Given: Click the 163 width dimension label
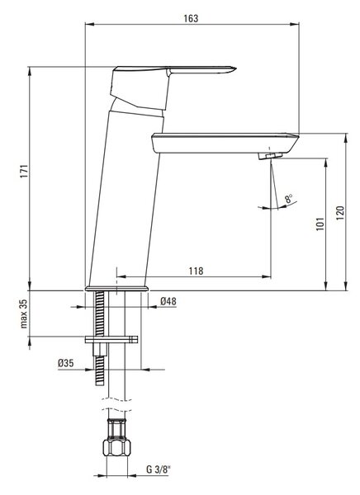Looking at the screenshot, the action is coord(191,18).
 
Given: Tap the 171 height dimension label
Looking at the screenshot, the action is coord(24,171).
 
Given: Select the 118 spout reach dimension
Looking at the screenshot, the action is coord(196,271).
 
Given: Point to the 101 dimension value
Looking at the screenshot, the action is coord(320,224).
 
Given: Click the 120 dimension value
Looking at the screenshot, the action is coord(340,213).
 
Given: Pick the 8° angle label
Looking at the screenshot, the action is coord(288,199).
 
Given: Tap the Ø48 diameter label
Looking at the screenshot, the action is coord(168,301).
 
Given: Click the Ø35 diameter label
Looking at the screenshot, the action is coord(66,363).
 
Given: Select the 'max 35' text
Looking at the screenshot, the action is coord(24,313).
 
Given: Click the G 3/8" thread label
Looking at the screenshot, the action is coord(158,469).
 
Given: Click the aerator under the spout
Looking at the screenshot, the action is coord(270,155).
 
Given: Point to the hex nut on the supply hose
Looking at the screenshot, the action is coord(117,446).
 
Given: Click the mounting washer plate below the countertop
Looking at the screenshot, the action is coord(111,340).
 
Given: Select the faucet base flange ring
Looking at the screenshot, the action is coord(116,289).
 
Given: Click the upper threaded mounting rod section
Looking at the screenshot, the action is coord(100,313).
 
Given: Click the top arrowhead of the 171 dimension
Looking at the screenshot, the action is coord(30,71).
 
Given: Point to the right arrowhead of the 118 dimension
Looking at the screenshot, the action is coord(267,277).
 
